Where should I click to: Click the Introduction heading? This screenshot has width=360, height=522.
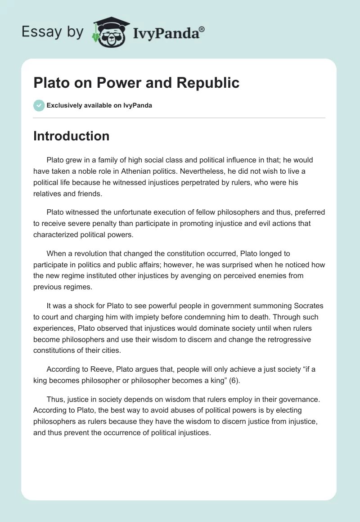click(x=71, y=136)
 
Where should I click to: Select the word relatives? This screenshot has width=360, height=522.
click(x=48, y=193)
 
